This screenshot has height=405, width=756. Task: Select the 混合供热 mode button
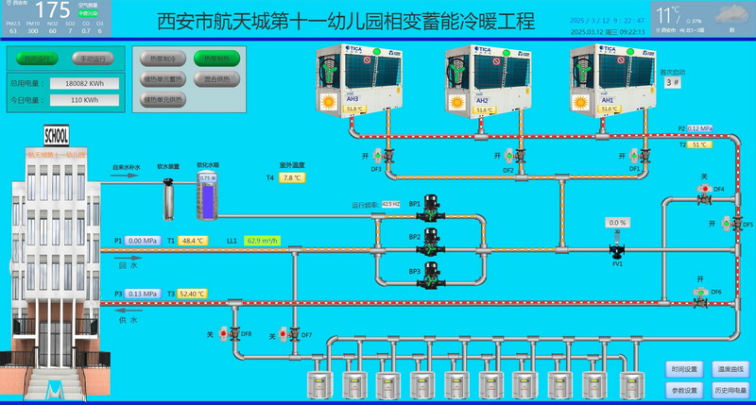[216, 78]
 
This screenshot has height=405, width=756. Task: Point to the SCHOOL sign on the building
[55, 135]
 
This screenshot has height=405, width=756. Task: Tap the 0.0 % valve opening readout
[617, 223]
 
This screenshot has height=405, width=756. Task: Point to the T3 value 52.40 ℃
[192, 294]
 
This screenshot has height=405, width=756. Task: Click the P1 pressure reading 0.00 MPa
[147, 241]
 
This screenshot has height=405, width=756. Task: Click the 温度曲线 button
[731, 368]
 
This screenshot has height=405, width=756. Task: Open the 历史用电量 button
[731, 390]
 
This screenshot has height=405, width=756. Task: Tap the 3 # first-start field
[672, 82]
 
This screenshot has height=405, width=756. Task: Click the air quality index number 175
[52, 12]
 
